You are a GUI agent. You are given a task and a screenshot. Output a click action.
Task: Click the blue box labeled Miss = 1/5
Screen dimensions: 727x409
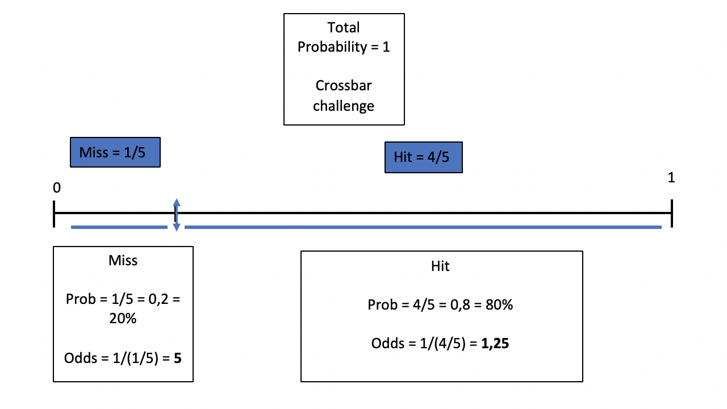coord(115,152)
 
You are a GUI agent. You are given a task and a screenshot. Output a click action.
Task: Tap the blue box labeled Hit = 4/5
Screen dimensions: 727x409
coord(424,157)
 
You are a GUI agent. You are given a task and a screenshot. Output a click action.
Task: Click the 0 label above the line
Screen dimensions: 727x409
coord(57,187)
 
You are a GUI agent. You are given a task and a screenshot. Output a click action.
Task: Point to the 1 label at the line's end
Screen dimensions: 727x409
coord(671,178)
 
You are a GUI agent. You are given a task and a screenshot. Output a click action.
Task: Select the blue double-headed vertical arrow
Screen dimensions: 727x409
coord(176,215)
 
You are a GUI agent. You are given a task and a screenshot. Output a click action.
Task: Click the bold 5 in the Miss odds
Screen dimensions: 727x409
coord(178,358)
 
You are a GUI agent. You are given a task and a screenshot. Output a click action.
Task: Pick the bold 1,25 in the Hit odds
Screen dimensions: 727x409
coord(495,344)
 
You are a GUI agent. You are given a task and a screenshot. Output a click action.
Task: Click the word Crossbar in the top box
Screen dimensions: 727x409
coord(344,86)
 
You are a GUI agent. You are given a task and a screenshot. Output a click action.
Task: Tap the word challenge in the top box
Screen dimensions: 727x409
coord(344,106)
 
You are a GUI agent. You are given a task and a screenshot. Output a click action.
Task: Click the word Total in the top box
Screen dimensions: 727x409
coord(344,28)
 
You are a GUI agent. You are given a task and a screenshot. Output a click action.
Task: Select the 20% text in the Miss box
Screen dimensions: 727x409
coord(123,319)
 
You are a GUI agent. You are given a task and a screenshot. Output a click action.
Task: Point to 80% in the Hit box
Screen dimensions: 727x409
coord(499,305)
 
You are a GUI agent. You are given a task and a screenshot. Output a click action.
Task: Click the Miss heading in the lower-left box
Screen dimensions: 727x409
coord(123,260)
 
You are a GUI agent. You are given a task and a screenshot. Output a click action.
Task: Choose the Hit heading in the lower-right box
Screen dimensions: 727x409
coord(440,266)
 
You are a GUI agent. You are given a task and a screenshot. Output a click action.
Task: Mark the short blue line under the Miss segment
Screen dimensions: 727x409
coord(119,227)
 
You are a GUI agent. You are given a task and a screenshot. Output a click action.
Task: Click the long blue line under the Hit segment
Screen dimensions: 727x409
coord(423,227)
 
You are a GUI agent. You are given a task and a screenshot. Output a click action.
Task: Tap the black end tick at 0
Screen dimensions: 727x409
coord(54,214)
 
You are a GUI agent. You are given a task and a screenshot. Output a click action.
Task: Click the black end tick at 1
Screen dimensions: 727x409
coord(672,213)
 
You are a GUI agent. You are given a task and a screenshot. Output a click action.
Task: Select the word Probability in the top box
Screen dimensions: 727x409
coord(332,47)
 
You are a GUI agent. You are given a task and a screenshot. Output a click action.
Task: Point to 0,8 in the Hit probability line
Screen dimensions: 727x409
coord(460,305)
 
